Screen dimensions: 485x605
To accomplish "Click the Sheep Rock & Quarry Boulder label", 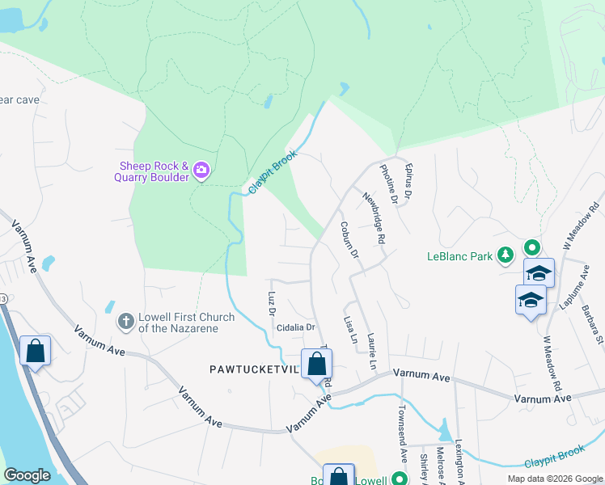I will [150, 171].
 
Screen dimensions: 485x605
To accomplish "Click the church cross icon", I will [125, 322].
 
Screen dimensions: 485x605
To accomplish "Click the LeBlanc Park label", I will [459, 256].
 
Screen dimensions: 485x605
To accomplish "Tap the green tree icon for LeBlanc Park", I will [506, 256].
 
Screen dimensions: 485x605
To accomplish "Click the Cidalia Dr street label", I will [295, 327].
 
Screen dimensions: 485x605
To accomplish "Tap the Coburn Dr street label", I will [349, 239].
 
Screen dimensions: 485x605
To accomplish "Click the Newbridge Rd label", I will [372, 218].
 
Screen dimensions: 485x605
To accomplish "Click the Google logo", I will [27, 475].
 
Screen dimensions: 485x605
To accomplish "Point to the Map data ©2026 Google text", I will [554, 479].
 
